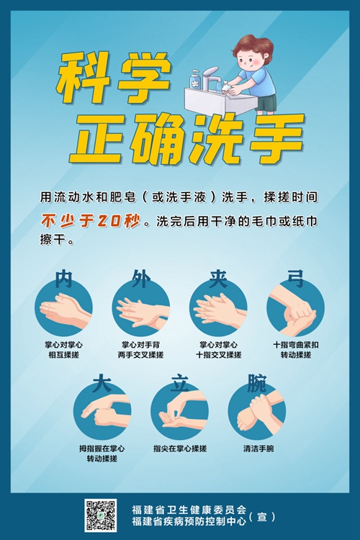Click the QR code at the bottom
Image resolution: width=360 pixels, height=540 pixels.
101,515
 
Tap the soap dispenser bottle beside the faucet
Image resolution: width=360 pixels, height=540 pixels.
195,79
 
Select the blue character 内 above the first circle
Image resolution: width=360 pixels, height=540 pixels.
64,279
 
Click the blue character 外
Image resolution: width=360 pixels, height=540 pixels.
141,279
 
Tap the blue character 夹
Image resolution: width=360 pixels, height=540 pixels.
218,279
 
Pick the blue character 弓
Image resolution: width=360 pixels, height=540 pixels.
296,279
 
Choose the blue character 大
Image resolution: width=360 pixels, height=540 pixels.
102,382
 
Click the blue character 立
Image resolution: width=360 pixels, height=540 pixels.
179,382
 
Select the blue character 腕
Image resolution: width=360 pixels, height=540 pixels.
257,382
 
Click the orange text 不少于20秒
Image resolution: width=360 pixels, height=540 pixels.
91,221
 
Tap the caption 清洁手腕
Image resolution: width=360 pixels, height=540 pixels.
258,449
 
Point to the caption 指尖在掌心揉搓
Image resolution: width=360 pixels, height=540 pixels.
180,449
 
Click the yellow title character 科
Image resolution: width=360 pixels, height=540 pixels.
84,78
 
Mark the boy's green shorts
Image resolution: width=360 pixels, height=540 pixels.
266,103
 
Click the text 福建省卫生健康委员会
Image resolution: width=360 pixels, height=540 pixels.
189,509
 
